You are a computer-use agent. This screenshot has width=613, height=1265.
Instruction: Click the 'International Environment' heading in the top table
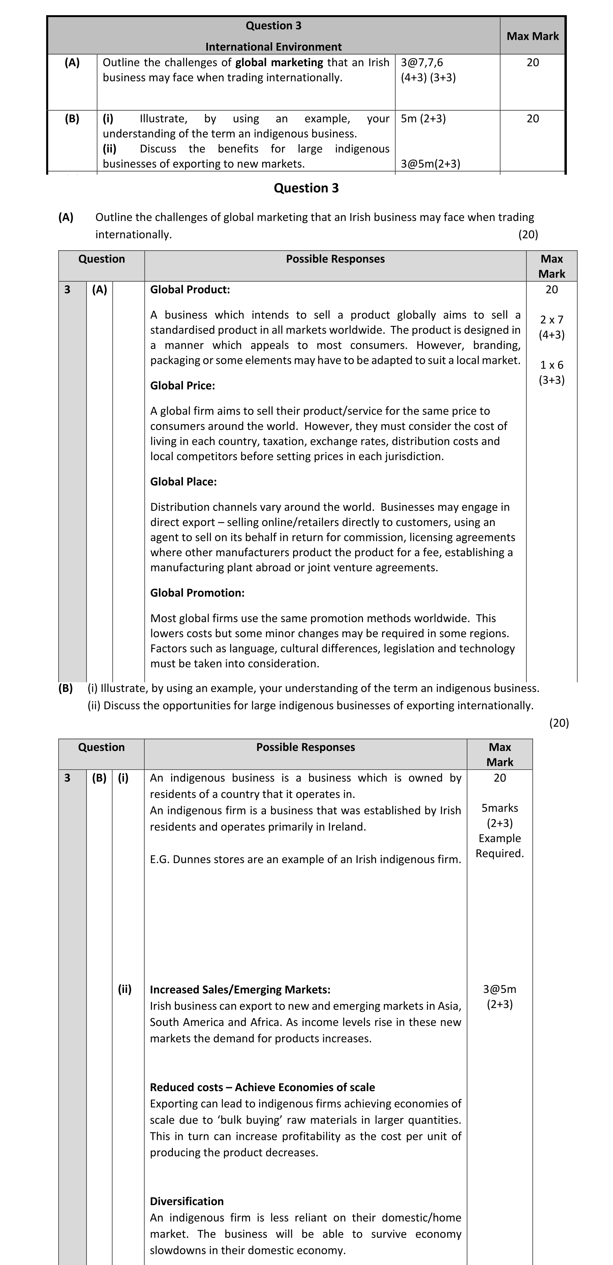click(x=273, y=47)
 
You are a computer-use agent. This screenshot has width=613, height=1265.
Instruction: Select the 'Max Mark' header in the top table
click(x=532, y=36)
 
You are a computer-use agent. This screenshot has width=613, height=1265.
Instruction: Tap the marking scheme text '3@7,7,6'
click(x=422, y=62)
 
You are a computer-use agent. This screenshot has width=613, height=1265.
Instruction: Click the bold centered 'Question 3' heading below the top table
click(x=306, y=188)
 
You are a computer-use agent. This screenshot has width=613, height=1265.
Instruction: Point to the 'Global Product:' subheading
click(x=190, y=290)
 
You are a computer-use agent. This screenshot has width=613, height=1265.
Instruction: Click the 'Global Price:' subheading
click(x=183, y=385)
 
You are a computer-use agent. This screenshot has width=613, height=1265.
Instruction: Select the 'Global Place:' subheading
click(x=183, y=482)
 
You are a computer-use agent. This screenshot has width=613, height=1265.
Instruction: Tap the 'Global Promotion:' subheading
click(x=197, y=593)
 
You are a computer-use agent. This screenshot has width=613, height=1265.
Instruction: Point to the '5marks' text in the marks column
click(x=500, y=808)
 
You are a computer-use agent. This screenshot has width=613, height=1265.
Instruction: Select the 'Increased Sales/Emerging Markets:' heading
click(x=240, y=989)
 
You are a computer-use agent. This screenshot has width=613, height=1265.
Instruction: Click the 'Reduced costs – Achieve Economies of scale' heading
click(x=262, y=1087)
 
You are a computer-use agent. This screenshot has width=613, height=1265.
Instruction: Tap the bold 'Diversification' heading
click(x=186, y=1201)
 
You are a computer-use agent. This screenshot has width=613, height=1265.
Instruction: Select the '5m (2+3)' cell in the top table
click(x=423, y=118)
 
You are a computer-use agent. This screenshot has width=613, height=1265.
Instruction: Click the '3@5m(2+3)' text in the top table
click(x=430, y=164)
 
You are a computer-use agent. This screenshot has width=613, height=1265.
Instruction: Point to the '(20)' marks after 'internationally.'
click(x=528, y=234)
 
